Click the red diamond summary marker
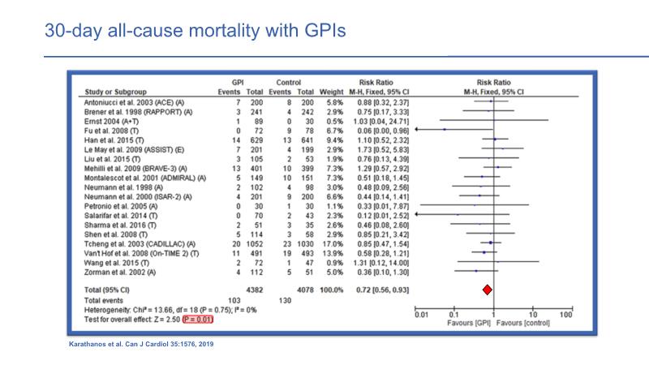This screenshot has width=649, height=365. pyautogui.click(x=488, y=290)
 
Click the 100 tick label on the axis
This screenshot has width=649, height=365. pyautogui.click(x=565, y=313)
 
